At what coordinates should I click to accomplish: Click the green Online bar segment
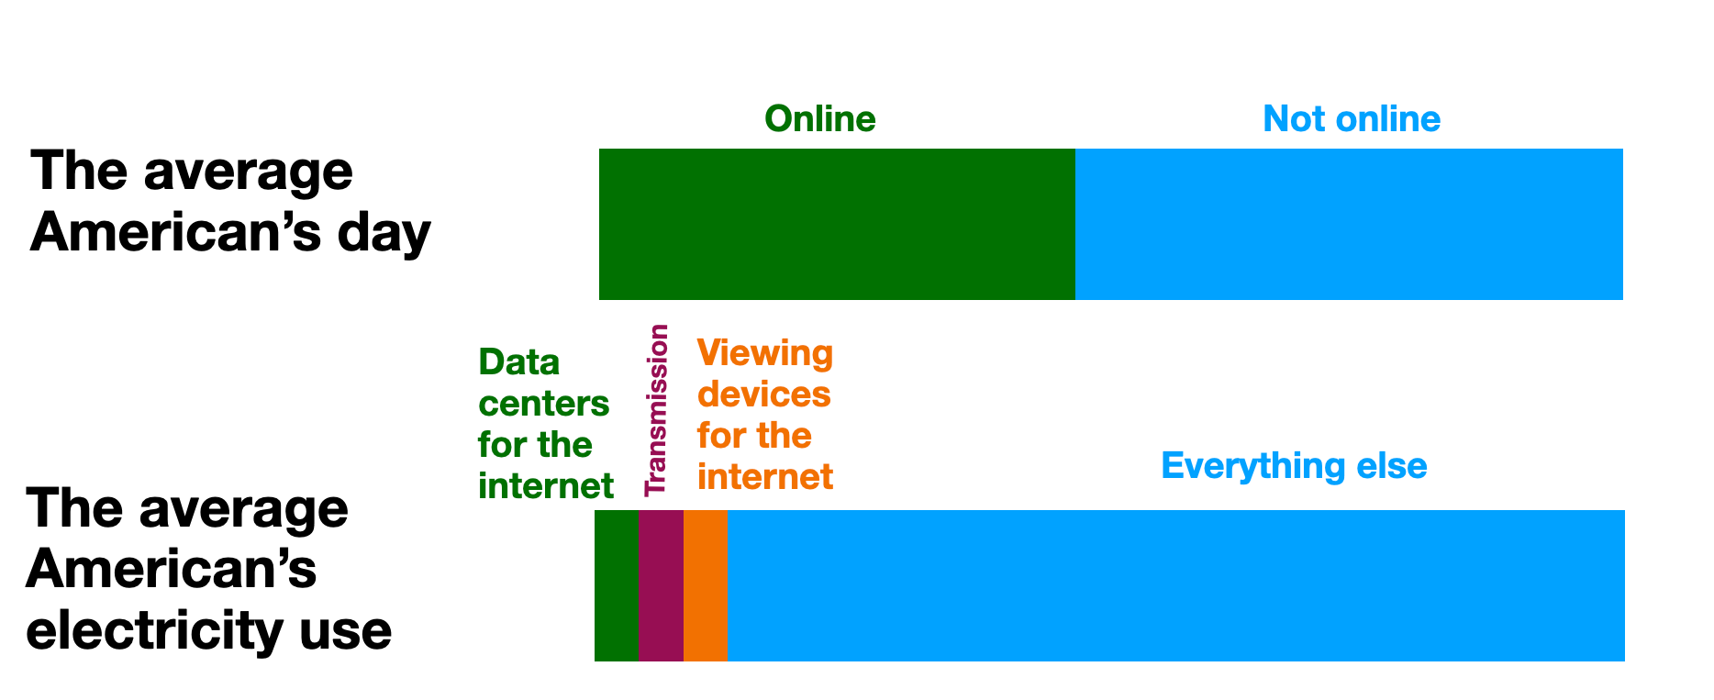(837, 224)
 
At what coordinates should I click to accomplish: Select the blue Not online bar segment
(1349, 224)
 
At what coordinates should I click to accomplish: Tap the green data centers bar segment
(616, 585)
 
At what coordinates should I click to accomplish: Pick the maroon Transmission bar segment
(661, 585)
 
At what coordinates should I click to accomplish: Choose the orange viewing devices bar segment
(706, 585)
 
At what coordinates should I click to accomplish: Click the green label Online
(820, 119)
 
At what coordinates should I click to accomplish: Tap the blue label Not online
(1352, 119)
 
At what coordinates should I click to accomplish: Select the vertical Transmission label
(656, 410)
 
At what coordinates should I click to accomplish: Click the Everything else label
(1294, 466)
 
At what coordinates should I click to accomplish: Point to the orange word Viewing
(765, 354)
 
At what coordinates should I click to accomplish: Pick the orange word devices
(763, 394)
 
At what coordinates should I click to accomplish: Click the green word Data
(519, 363)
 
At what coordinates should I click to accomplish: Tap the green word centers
(543, 404)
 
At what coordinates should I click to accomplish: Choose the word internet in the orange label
(765, 477)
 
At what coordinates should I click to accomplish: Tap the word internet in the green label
(546, 486)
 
